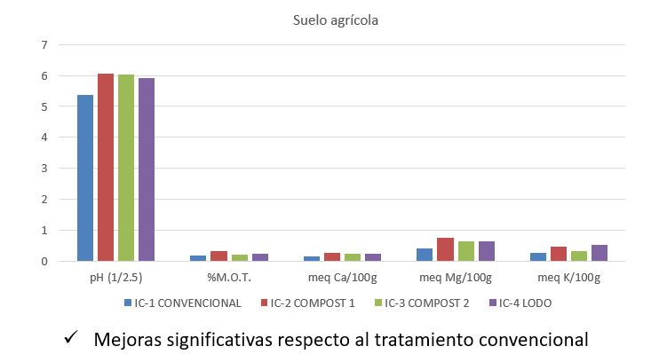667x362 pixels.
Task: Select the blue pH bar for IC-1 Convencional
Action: coord(85,177)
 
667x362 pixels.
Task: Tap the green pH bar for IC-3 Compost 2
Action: coord(126,168)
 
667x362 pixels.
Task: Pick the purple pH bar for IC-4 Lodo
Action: coord(147,169)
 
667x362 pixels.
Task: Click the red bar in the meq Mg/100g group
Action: coord(446,249)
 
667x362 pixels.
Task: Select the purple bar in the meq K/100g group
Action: coord(600,253)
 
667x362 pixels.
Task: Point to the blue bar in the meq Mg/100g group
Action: coord(425,255)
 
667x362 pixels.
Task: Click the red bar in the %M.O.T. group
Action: coord(218,256)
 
